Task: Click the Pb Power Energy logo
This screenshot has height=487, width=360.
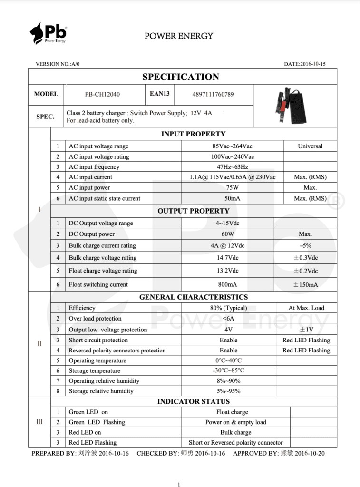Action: coord(48,33)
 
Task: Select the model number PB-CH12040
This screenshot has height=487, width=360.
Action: coord(102,94)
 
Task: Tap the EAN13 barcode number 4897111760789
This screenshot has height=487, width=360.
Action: coord(213,94)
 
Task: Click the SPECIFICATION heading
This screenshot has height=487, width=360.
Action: coord(181,77)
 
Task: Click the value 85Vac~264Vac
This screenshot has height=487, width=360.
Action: coord(233,146)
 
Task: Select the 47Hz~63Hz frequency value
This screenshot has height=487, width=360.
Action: coord(233,167)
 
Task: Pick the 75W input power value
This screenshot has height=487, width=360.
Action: coord(233,187)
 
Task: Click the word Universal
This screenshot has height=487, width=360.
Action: coord(310,146)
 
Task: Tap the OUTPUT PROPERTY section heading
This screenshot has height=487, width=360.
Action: coord(194,211)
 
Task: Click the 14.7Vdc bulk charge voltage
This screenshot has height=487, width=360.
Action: coord(227,258)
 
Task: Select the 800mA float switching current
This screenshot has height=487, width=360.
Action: coord(227,284)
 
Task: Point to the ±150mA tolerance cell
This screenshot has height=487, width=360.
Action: coord(305,285)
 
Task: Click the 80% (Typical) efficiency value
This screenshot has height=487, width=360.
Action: coord(229,308)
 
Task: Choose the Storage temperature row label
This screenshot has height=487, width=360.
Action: coord(94,370)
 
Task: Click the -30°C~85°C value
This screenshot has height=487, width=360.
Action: coord(229,370)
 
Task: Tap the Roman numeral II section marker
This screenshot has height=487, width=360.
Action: coord(39,343)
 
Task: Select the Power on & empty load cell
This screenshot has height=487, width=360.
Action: coord(236,422)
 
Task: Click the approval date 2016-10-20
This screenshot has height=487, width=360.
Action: coord(310,453)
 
